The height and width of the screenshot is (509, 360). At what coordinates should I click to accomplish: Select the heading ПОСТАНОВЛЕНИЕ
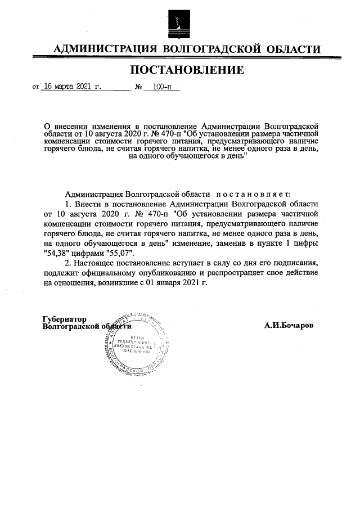coord(187,70)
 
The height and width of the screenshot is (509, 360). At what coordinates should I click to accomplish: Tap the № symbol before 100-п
coord(138,88)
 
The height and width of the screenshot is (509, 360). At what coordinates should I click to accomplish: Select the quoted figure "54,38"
coord(57,253)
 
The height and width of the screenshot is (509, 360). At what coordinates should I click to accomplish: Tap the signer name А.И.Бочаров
coord(289,326)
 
